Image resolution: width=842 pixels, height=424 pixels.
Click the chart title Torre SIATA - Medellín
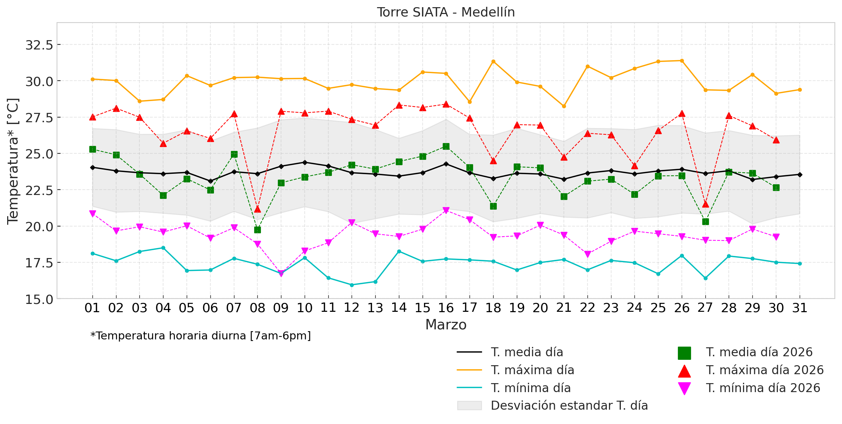click(x=446, y=13)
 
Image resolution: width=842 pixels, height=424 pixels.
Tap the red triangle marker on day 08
click(x=257, y=209)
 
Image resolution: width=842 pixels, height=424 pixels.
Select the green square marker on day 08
click(x=257, y=230)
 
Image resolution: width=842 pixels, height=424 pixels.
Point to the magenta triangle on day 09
click(x=281, y=273)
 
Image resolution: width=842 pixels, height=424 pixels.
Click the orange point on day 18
click(x=493, y=62)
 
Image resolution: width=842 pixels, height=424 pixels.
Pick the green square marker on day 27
click(x=705, y=222)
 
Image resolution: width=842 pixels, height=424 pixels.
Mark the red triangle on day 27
click(x=705, y=204)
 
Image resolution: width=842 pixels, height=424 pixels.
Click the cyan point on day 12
click(x=352, y=285)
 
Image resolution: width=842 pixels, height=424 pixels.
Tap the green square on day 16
click(x=446, y=146)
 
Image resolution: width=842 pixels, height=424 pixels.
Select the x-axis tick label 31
click(x=800, y=308)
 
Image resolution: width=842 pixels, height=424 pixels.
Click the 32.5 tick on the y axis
click(x=39, y=45)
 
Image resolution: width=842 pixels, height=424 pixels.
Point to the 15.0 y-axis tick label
click(x=39, y=299)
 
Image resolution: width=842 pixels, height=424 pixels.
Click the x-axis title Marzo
click(x=446, y=325)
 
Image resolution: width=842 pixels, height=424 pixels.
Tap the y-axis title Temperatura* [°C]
click(x=13, y=161)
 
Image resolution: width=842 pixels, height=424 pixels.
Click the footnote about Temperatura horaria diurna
click(x=201, y=336)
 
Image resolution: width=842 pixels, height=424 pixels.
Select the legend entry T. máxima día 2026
click(x=765, y=370)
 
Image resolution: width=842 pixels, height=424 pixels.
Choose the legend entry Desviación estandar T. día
click(x=569, y=406)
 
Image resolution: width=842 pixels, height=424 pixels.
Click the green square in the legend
click(x=684, y=353)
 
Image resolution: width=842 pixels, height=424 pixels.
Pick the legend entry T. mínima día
click(x=531, y=388)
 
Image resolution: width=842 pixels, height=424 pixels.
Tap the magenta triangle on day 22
click(x=588, y=254)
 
